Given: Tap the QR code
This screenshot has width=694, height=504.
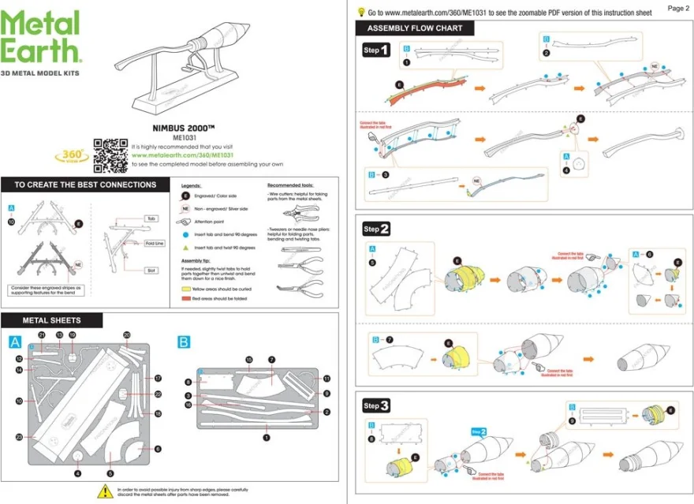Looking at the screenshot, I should [x=110, y=155].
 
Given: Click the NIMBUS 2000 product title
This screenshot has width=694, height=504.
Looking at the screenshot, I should [x=183, y=128].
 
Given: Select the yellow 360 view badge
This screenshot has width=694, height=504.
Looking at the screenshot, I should [x=71, y=155].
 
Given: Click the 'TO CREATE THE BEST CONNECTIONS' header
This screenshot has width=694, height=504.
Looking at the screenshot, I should [x=85, y=185].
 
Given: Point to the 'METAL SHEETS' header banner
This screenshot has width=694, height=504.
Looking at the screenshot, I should [x=52, y=320].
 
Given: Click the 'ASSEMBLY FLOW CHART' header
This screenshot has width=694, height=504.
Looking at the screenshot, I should [x=415, y=28].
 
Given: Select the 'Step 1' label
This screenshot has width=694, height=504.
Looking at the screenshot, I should [x=376, y=50].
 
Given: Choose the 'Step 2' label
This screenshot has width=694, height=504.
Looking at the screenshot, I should [x=376, y=230].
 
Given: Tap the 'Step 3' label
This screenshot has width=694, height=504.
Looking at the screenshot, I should [x=376, y=406].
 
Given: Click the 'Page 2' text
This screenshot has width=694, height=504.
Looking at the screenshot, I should [x=677, y=8].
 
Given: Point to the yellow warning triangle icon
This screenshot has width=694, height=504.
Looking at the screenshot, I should [x=103, y=491].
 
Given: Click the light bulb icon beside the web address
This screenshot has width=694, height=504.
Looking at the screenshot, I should [x=361, y=12].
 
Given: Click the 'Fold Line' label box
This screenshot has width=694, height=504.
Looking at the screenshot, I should [x=155, y=243].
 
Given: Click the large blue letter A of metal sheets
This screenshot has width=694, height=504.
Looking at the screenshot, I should [x=14, y=342].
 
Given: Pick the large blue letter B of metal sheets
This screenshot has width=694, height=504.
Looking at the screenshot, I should [x=183, y=342].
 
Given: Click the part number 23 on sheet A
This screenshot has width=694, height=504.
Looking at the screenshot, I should [x=19, y=436].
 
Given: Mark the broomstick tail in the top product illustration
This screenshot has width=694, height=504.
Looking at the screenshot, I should [x=233, y=37].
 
